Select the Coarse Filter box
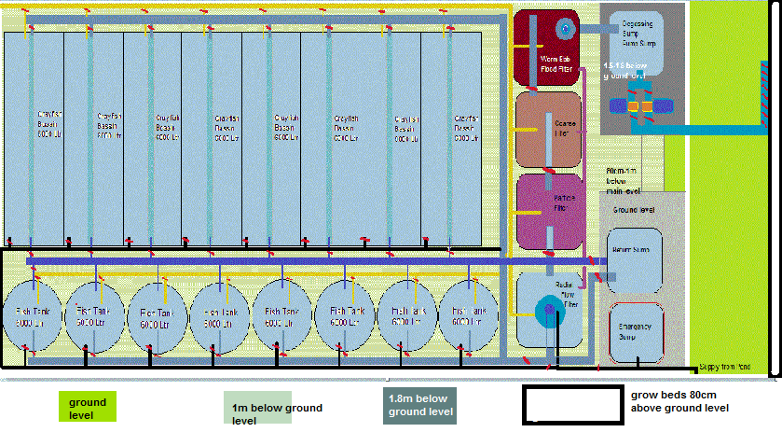pos(549,130)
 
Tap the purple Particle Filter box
pos(549,211)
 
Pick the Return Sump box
pos(634,256)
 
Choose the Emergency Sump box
pos(635,331)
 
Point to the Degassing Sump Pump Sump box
pos(644,41)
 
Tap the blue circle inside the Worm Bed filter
pos(564,28)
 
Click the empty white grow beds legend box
pos(571,404)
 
